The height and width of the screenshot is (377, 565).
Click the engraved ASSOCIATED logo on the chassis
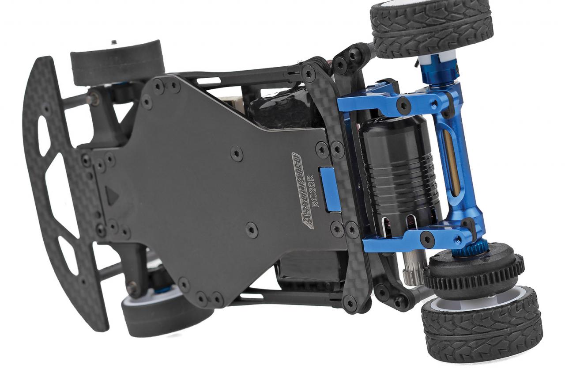(302, 191)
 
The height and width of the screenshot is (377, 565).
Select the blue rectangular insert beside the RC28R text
(329, 188)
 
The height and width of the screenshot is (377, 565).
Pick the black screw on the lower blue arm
(427, 239)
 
